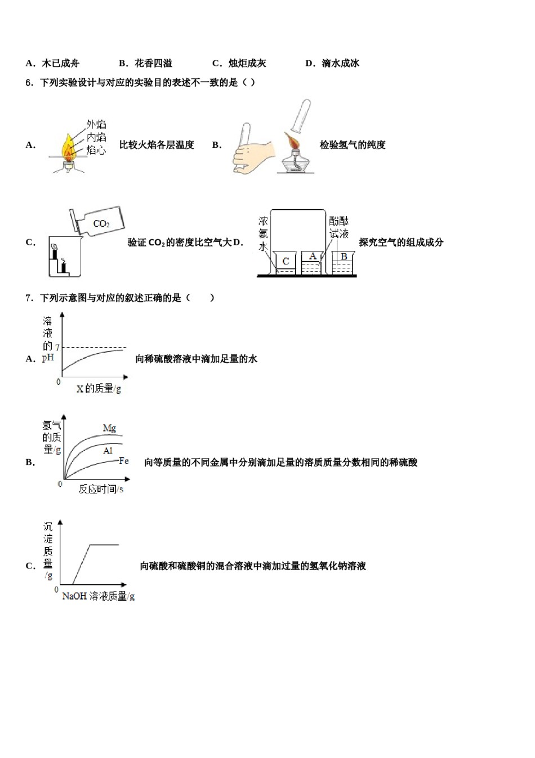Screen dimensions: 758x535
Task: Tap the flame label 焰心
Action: point(96,150)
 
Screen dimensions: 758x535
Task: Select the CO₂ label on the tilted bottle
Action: point(101,224)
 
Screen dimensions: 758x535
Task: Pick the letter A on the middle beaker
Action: point(313,257)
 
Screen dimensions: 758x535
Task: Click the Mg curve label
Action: point(109,428)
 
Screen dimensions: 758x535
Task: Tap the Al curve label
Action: point(108,451)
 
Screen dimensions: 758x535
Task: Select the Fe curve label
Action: point(124,461)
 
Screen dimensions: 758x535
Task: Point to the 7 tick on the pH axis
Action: point(57,347)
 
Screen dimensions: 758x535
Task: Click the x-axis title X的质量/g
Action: point(99,389)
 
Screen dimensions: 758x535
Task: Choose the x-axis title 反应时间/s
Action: point(101,489)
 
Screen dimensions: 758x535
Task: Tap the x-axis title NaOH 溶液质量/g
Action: point(98,596)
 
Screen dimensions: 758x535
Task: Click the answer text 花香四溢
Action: point(153,63)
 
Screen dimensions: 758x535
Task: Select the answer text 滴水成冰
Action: point(340,63)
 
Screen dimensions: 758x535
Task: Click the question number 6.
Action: point(28,82)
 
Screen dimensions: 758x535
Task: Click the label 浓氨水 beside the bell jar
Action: point(263,234)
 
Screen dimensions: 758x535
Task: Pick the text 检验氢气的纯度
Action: point(353,145)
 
